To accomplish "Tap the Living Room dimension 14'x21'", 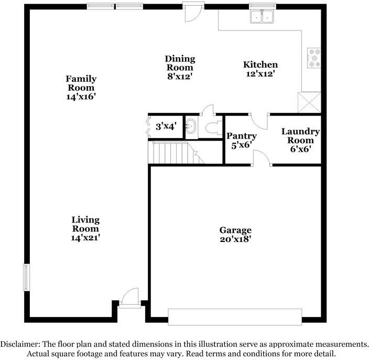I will [86, 237].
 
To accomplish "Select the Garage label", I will [235, 230].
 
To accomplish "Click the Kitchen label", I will [260, 65].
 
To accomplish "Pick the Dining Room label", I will [180, 59].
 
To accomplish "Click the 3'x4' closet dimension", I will [166, 126].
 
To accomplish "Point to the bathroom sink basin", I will [192, 126].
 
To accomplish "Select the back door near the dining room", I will [190, 12].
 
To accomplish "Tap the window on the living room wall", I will [25, 277].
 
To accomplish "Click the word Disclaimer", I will [20, 344].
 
